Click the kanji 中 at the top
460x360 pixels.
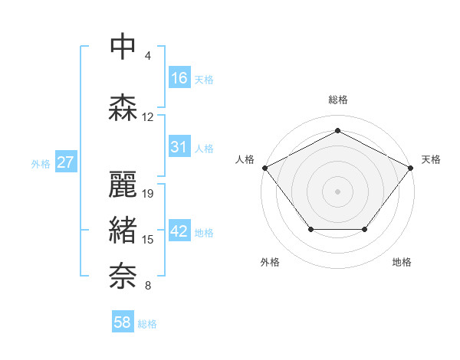pos(123,47)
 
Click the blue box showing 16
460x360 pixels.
pos(179,78)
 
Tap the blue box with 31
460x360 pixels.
pos(179,147)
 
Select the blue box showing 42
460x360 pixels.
pos(179,231)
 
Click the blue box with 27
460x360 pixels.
pos(66,162)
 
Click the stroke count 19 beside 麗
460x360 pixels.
pos(148,194)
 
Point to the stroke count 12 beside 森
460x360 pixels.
pos(148,117)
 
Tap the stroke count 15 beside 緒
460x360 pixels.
pos(148,240)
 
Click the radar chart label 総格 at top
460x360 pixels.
pos(337,100)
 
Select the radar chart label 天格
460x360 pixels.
pos(431,159)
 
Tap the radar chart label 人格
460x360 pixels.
pos(245,159)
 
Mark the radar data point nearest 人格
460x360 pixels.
pos(264,168)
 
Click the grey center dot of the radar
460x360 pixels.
pos(337,191)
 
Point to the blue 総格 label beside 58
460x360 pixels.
pos(147,324)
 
